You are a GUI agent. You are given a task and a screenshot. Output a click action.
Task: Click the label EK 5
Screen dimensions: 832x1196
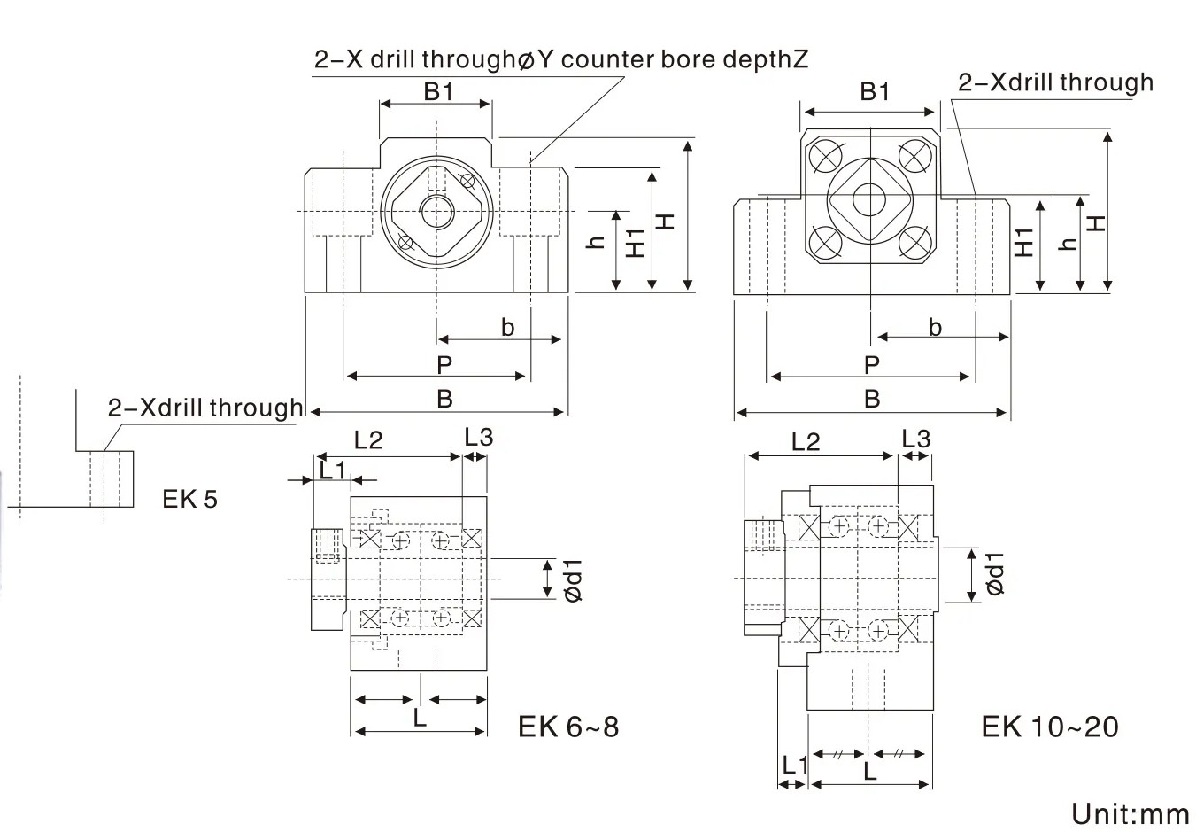189,499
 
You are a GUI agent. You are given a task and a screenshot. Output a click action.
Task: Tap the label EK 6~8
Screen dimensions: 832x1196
568,727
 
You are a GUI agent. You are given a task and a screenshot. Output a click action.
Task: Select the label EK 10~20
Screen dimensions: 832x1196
1050,727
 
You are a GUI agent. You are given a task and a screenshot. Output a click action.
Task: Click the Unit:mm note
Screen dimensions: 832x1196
1130,813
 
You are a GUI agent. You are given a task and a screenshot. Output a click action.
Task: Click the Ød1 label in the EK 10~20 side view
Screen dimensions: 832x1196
995,573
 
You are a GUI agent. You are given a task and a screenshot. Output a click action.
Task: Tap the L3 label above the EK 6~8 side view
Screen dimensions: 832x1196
478,436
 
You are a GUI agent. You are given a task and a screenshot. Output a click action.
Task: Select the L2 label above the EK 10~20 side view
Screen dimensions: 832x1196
806,440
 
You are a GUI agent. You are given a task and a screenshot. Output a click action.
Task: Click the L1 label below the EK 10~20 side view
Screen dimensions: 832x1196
794,764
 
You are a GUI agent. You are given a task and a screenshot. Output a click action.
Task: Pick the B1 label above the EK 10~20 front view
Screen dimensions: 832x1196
874,91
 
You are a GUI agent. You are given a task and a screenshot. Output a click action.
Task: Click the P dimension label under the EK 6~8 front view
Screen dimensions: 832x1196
444,363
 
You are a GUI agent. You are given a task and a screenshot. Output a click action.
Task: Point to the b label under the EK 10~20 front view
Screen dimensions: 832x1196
935,327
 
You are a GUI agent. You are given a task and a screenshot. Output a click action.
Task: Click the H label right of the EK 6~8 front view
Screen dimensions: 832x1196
667,219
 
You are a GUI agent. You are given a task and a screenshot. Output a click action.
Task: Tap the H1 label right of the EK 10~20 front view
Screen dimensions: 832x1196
1024,242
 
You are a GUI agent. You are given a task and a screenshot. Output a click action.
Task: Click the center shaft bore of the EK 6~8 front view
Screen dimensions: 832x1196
436,211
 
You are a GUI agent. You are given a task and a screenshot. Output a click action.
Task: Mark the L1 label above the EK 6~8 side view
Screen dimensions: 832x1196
332,470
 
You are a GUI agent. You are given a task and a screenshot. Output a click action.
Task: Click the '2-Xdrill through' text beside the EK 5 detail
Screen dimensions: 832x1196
205,408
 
